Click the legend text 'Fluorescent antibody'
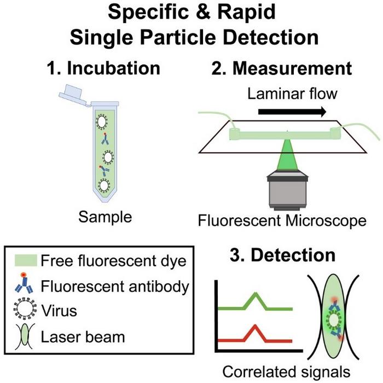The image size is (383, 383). (x=115, y=286)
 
